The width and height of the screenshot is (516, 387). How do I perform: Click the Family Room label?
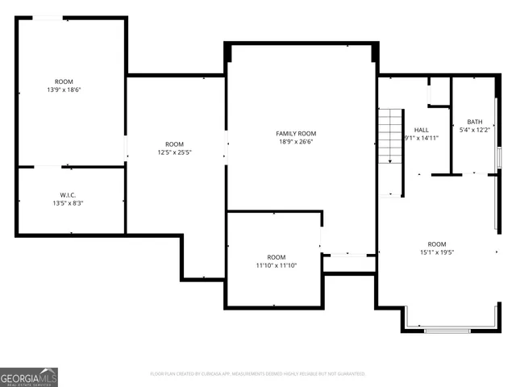pos(296,133)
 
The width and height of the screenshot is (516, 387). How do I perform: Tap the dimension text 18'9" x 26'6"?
pos(296,142)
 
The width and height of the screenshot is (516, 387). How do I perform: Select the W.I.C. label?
pos(68,194)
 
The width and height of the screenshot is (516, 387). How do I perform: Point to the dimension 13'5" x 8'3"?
pos(68,203)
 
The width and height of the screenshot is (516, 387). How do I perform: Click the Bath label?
pos(475,122)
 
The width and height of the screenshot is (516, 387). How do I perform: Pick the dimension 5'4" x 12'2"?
pos(475,130)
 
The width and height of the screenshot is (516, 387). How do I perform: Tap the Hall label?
pos(421,129)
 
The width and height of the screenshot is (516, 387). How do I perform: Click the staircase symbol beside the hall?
pos(390,137)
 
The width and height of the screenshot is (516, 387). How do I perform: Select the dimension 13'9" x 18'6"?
pos(64,89)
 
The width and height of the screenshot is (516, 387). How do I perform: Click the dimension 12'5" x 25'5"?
pos(174,152)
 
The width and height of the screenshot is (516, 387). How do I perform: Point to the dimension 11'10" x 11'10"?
pos(277,265)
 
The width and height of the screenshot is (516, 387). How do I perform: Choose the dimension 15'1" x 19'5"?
pos(437,252)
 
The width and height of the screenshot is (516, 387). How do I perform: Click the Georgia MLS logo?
pos(29,377)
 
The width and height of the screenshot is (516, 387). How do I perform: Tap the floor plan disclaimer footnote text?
pos(258,374)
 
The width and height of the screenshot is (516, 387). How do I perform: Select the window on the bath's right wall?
pos(499,156)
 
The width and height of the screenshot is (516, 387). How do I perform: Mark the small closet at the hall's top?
pos(439,91)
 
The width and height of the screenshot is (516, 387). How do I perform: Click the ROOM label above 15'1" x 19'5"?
pos(437,243)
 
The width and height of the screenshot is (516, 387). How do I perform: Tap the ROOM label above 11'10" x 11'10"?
pos(277,256)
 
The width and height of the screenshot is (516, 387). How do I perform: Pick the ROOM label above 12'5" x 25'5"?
pos(174,143)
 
